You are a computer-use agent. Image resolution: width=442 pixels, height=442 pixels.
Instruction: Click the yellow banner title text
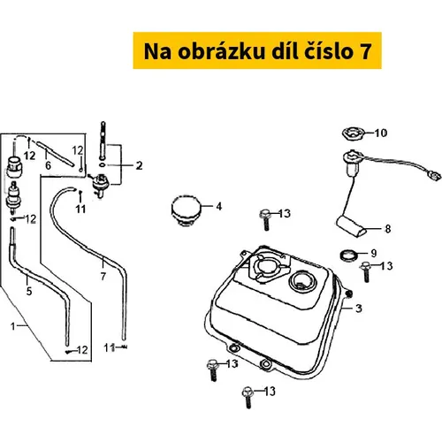[x=257, y=51]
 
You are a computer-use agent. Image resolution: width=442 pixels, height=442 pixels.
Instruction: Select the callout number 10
[x=381, y=133]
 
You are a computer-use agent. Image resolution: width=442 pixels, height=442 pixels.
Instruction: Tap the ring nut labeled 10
[x=354, y=133]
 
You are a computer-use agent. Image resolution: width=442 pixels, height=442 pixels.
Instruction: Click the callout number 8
[x=388, y=229]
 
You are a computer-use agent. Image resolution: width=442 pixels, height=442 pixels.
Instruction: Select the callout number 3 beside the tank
[x=359, y=309]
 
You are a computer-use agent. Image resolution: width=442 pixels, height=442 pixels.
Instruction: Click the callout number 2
[x=139, y=165]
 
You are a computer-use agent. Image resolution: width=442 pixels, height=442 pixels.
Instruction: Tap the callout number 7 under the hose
[x=103, y=277]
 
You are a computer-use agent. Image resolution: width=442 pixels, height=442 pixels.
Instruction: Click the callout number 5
[x=29, y=292]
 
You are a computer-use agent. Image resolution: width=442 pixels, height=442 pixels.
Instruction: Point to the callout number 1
[x=12, y=326]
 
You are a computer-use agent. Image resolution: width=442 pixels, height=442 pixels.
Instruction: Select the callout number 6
[x=48, y=165]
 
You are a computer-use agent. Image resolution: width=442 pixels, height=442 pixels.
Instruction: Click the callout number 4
[x=218, y=207]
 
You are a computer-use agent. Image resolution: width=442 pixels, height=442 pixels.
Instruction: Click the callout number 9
[x=374, y=253]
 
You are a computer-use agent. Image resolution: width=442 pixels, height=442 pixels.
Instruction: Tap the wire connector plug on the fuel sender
[x=433, y=176]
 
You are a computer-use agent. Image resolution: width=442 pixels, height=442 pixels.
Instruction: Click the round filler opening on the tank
[x=303, y=281]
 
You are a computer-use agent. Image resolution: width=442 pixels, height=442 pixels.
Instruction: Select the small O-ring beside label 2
[x=103, y=164]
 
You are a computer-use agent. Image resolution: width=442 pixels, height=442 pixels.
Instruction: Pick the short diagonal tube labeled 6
[x=55, y=154]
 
